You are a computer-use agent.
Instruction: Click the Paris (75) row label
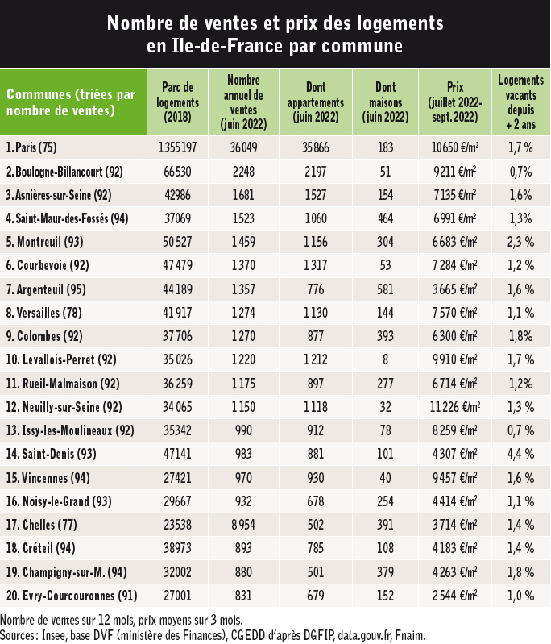[31, 147]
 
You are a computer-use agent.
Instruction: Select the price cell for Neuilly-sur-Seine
[455, 407]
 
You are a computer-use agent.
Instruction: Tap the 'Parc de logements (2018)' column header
[177, 102]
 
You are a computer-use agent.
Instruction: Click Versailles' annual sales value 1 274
[243, 313]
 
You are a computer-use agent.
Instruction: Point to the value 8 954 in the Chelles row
[243, 525]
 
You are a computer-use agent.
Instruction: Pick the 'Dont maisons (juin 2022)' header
[385, 102]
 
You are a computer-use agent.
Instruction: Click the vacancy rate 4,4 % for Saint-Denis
[520, 454]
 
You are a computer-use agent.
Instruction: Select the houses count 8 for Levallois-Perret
[385, 359]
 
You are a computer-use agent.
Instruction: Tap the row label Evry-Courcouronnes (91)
[72, 596]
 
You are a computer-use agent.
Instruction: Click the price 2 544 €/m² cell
[455, 596]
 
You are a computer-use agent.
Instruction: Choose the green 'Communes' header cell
[73, 102]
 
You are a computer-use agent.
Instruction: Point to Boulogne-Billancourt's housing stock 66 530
[177, 172]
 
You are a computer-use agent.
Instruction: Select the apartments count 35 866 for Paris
[315, 147]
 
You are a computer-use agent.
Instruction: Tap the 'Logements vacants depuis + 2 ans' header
[520, 102]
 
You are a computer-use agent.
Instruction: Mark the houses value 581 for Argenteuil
[385, 289]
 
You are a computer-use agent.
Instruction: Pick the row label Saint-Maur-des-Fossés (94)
[67, 218]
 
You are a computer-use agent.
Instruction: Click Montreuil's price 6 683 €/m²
[455, 242]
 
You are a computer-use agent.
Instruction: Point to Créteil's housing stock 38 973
[177, 548]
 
